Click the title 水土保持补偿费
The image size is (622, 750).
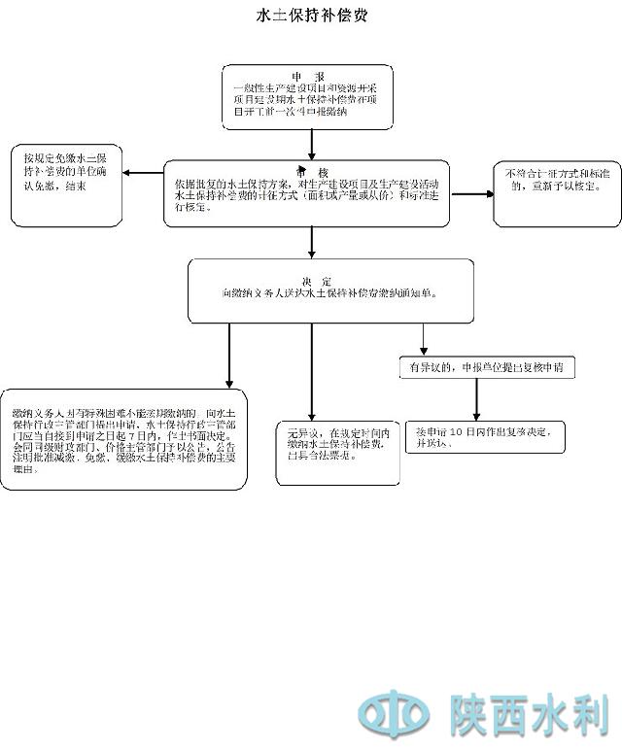point(311,17)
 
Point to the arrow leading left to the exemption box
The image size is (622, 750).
point(144,174)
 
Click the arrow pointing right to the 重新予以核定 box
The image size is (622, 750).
point(472,193)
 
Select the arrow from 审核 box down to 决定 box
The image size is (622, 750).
point(312,243)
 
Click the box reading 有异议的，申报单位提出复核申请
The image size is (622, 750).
point(486,368)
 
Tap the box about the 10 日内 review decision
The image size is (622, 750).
point(486,436)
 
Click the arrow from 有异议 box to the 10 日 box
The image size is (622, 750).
point(476,398)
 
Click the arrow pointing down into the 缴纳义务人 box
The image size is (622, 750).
point(229,356)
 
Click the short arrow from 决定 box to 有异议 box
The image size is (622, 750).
point(424,338)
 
